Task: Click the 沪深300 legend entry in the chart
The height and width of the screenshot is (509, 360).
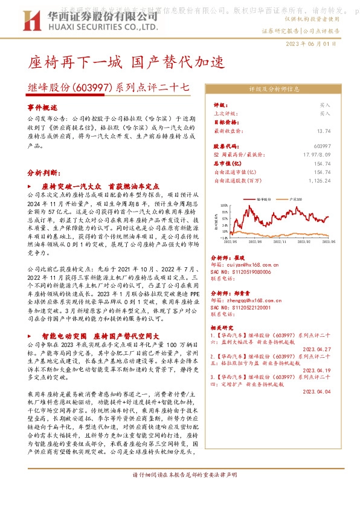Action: click(x=297, y=198)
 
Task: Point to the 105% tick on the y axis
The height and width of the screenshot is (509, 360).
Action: click(x=225, y=204)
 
